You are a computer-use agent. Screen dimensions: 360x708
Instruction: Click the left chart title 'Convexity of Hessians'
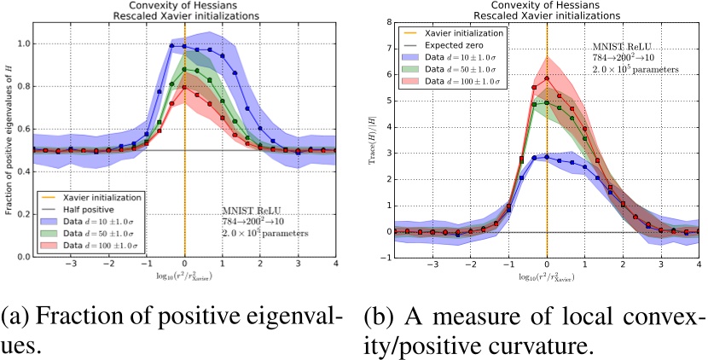click(184, 7)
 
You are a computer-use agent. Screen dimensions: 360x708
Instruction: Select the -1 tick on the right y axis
click(385, 258)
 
